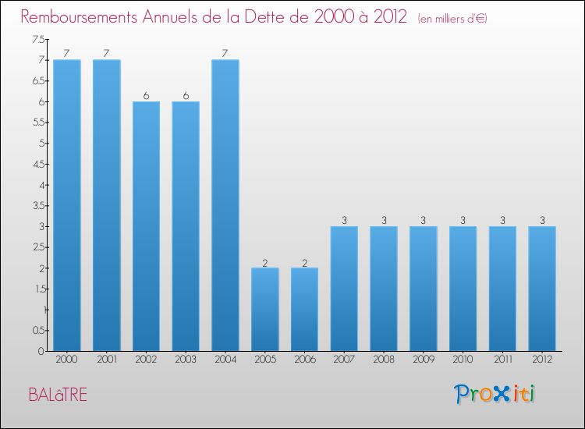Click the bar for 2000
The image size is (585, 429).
point(67,205)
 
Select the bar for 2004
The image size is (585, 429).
point(225,205)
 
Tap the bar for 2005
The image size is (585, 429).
point(265,310)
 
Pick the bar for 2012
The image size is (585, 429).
point(542,289)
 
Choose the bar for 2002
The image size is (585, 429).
point(146,226)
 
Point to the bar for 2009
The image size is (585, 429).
point(424,289)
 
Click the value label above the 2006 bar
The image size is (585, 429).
point(304,262)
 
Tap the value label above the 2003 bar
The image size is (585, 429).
point(186,96)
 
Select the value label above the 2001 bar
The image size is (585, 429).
point(107,54)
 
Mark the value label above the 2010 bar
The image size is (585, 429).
point(463,221)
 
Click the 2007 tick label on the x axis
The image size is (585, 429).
point(344,360)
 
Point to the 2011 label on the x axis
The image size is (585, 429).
point(502,360)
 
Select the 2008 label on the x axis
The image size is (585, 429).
point(384,360)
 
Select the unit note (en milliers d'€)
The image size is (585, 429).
point(452,18)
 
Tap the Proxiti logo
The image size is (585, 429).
point(495,394)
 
